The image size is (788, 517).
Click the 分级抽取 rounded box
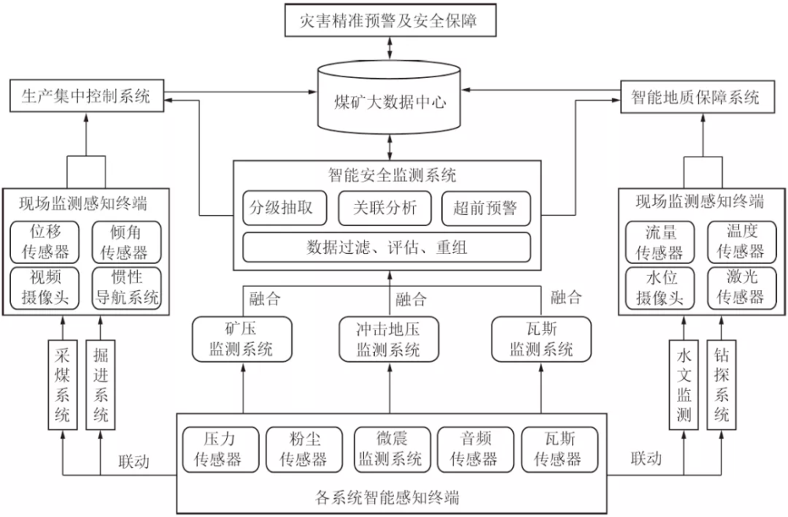(x=281, y=208)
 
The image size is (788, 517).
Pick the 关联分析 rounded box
(x=384, y=208)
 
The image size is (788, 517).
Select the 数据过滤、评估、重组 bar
(x=386, y=247)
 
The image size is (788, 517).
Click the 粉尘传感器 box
(x=303, y=448)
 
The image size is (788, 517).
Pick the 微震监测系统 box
(x=390, y=448)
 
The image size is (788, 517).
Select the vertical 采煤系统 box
(x=62, y=384)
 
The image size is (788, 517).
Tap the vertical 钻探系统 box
(x=720, y=384)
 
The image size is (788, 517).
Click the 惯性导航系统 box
(x=127, y=288)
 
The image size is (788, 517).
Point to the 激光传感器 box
(x=734, y=288)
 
